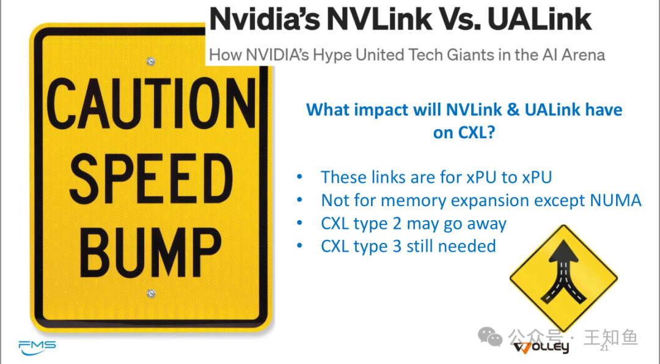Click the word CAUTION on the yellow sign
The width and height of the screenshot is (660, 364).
pyautogui.click(x=151, y=104)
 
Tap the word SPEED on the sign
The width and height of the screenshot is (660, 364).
pyautogui.click(x=151, y=179)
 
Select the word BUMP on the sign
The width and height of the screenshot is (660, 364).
pyautogui.click(x=150, y=252)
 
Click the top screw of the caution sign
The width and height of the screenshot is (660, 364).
pyautogui.click(x=151, y=62)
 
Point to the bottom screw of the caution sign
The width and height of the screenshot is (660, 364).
pyautogui.click(x=151, y=293)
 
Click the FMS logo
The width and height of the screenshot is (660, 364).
pyautogui.click(x=37, y=347)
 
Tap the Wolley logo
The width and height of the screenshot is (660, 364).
pyautogui.click(x=541, y=347)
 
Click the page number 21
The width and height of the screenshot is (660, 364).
pyautogui.click(x=604, y=348)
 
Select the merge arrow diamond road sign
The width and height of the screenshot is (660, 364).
pyautogui.click(x=563, y=278)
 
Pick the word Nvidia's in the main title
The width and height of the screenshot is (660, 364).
pyautogui.click(x=265, y=20)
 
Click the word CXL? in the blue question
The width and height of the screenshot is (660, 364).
pyautogui.click(x=464, y=133)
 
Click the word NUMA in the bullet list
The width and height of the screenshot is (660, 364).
pyautogui.click(x=615, y=201)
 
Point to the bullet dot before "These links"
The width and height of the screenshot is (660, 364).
pyautogui.click(x=299, y=177)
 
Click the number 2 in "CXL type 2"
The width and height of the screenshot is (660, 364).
pyautogui.click(x=397, y=224)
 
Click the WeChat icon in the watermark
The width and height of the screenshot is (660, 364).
pyautogui.click(x=490, y=337)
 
